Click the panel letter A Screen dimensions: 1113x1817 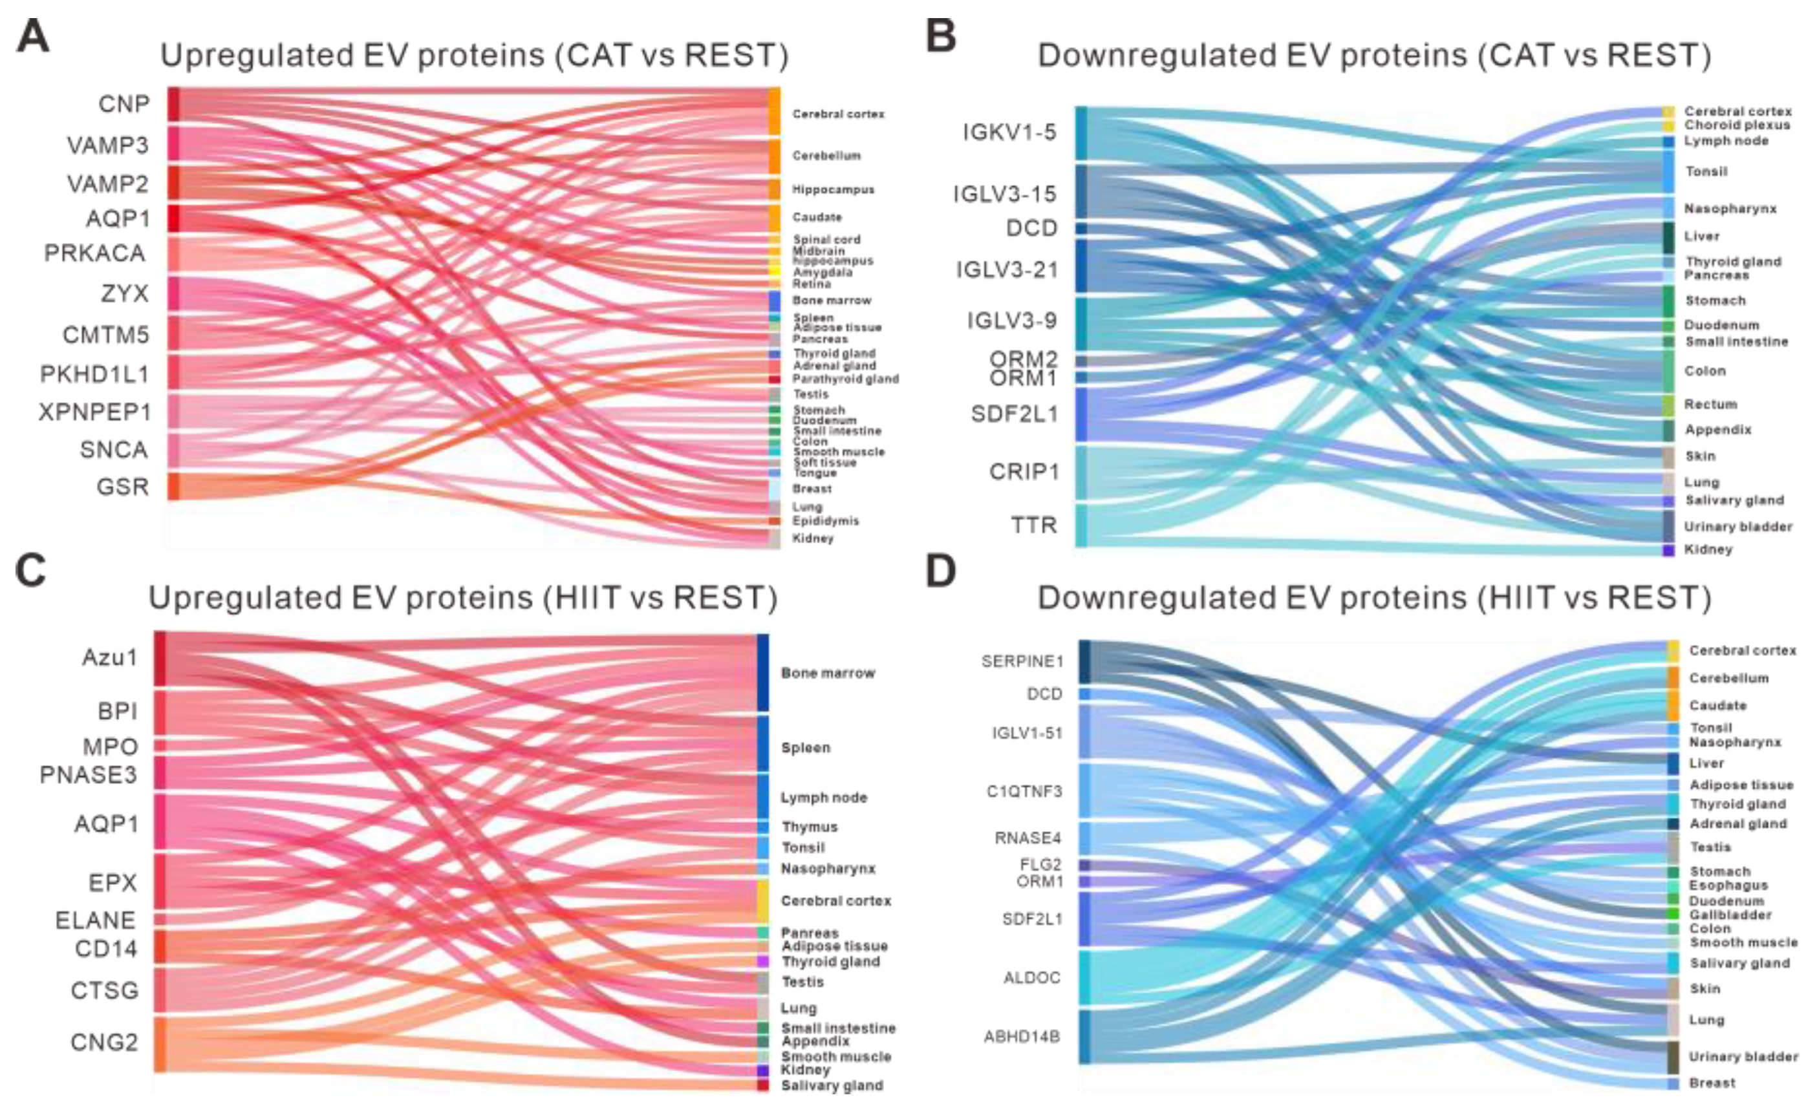point(32,36)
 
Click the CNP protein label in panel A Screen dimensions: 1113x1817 point(124,104)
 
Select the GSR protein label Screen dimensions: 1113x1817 point(122,487)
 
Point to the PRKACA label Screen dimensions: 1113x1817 point(94,253)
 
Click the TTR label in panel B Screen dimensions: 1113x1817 point(1033,525)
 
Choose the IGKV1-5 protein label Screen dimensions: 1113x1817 point(1009,132)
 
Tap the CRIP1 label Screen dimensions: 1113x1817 point(1024,472)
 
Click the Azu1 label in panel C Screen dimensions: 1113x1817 point(109,657)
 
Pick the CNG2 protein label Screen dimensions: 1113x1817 point(104,1043)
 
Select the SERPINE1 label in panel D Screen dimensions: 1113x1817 point(1022,661)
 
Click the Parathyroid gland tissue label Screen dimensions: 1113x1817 point(845,379)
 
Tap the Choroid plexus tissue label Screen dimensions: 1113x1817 point(1737,125)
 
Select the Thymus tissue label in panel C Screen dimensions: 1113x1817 point(809,827)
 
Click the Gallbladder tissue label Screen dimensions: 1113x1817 point(1730,915)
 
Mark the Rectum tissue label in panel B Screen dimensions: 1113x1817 point(1710,404)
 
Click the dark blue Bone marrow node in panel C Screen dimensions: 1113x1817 point(762,672)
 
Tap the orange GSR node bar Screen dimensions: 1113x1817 point(173,487)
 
